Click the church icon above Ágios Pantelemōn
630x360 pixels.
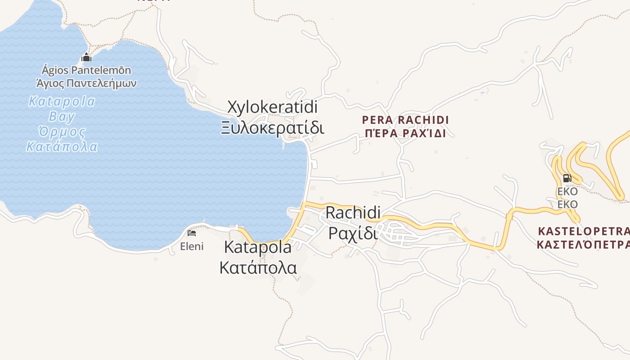point(86,58)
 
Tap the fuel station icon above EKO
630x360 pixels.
point(567,178)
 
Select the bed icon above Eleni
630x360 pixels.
point(192,233)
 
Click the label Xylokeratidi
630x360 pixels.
point(272,107)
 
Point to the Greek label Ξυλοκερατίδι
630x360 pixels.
point(272,128)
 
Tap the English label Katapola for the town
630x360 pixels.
point(257,247)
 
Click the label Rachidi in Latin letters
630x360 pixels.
point(353,212)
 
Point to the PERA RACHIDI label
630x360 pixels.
point(405,120)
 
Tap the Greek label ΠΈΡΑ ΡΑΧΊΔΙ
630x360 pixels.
point(405,133)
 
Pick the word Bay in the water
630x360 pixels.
point(62,117)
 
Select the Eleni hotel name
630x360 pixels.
point(192,246)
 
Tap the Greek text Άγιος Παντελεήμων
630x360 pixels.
point(86,83)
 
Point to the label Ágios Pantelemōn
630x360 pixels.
point(86,70)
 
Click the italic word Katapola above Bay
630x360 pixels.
point(62,101)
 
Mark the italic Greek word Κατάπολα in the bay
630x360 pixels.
point(62,147)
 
